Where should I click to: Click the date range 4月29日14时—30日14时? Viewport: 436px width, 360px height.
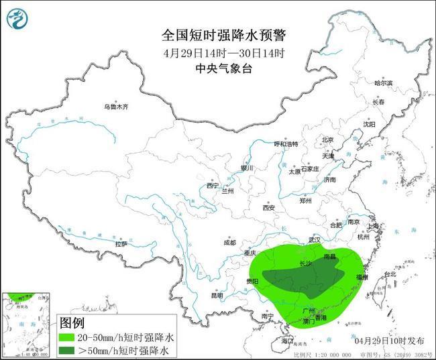[x=223, y=53]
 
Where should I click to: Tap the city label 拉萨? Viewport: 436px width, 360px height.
[x=121, y=244]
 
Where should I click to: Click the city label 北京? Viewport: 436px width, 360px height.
[x=327, y=139]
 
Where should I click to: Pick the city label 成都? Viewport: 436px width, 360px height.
[x=229, y=242]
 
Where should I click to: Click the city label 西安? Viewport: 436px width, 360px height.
[x=269, y=207]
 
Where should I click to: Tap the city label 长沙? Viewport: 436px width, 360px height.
[x=305, y=263]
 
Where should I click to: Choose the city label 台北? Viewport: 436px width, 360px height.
[x=389, y=274]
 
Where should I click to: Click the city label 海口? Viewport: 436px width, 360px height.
[x=288, y=341]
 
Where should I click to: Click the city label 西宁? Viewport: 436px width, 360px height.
[x=213, y=186]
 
